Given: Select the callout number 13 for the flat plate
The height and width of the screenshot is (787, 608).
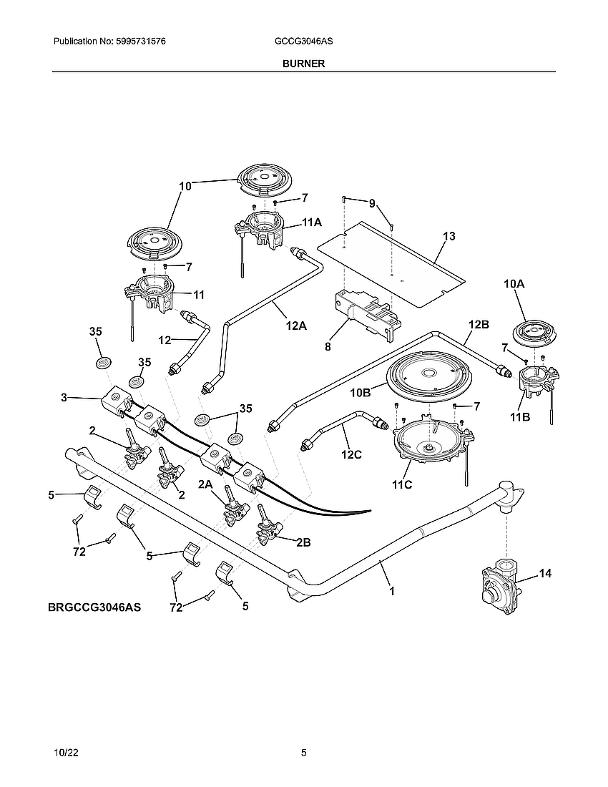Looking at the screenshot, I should [448, 236].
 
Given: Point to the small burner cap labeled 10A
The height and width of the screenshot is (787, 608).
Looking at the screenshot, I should [533, 333].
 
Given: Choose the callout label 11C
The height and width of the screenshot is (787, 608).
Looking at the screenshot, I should [403, 484].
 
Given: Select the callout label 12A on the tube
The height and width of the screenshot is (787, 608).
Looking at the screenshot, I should [295, 326].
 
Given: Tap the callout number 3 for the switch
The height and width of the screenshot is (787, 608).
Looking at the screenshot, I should [64, 397].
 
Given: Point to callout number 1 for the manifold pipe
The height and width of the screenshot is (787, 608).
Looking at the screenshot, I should [391, 591].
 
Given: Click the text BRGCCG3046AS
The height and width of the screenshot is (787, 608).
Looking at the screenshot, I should [94, 607].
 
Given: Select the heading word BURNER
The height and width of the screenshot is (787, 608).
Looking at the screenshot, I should [303, 64].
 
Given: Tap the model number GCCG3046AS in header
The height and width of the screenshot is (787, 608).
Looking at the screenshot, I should [303, 42].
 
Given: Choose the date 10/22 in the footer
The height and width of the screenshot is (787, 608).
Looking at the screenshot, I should [65, 753].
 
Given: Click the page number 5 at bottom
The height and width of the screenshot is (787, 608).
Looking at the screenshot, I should [304, 753].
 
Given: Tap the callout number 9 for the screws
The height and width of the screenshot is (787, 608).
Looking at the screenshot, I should [372, 203].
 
